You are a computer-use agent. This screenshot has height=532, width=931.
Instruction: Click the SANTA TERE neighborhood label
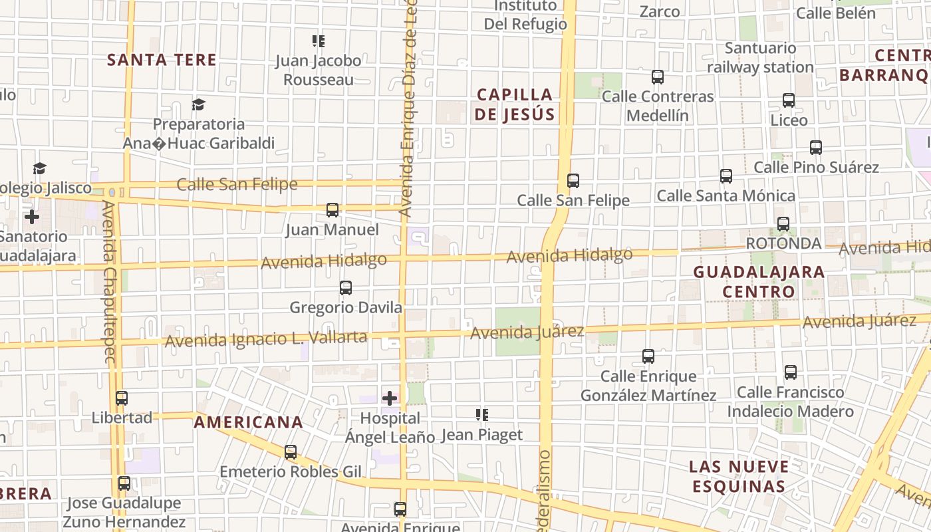click(162, 60)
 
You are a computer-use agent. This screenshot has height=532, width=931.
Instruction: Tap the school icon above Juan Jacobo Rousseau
click(319, 41)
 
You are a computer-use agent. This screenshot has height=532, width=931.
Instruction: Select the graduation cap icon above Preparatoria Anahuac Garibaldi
click(198, 104)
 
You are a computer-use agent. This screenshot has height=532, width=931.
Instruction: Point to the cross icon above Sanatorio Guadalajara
click(31, 217)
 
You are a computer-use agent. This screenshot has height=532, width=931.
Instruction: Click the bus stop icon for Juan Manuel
click(332, 210)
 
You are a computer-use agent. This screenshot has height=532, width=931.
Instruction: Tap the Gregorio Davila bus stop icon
click(346, 288)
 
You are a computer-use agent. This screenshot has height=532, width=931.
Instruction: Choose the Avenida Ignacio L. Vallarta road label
click(266, 338)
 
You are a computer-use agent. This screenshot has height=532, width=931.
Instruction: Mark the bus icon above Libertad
click(122, 398)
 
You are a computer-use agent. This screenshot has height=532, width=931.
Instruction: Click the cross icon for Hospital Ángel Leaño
click(390, 398)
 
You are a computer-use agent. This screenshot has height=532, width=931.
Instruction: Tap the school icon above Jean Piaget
click(482, 416)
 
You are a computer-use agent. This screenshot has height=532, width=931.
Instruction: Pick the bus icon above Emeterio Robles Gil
click(291, 452)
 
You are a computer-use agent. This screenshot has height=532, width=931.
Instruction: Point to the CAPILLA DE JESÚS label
click(515, 104)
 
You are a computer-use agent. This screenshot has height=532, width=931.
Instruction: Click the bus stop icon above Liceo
click(789, 100)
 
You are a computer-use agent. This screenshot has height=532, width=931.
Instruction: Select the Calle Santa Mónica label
click(726, 196)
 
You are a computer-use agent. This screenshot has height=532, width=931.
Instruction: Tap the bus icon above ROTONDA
click(783, 224)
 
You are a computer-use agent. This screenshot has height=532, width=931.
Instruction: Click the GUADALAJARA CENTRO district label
click(759, 282)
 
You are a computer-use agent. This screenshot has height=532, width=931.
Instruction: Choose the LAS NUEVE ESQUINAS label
click(739, 476)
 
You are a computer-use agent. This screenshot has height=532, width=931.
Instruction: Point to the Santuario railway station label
click(760, 58)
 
